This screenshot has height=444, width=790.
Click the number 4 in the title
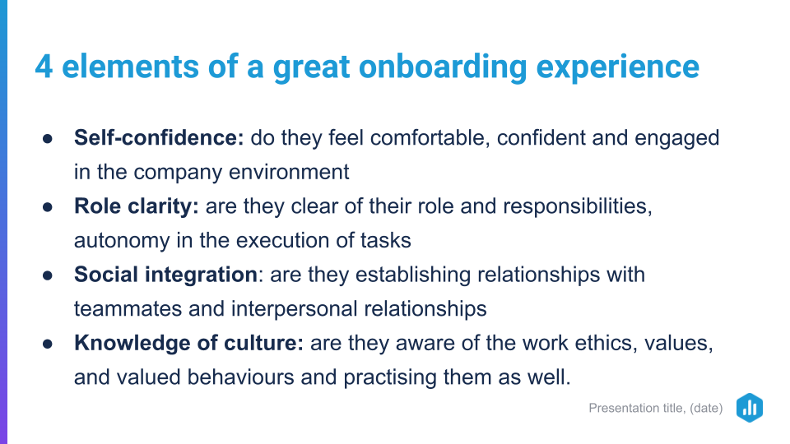pyautogui.click(x=44, y=67)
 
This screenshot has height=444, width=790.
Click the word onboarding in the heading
pyautogui.click(x=443, y=67)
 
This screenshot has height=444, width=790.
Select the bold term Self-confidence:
pyautogui.click(x=159, y=137)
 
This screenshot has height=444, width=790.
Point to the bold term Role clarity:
pyautogui.click(x=137, y=206)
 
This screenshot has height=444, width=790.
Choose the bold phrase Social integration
pyautogui.click(x=165, y=275)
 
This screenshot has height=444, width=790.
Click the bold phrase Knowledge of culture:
pyautogui.click(x=189, y=344)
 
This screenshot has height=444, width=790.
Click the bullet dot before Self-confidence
pyautogui.click(x=48, y=138)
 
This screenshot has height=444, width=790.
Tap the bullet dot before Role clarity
pyautogui.click(x=48, y=207)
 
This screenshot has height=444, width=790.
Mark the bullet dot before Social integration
pyautogui.click(x=48, y=275)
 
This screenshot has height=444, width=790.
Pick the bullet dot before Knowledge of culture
pyautogui.click(x=48, y=344)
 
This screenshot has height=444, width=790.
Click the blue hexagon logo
pyautogui.click(x=749, y=407)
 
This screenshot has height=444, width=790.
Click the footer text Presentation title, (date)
pyautogui.click(x=656, y=408)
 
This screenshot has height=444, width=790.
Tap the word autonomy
pyautogui.click(x=122, y=241)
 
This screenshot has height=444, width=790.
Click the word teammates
pyautogui.click(x=128, y=309)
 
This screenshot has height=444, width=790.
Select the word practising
pyautogui.click(x=390, y=378)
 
